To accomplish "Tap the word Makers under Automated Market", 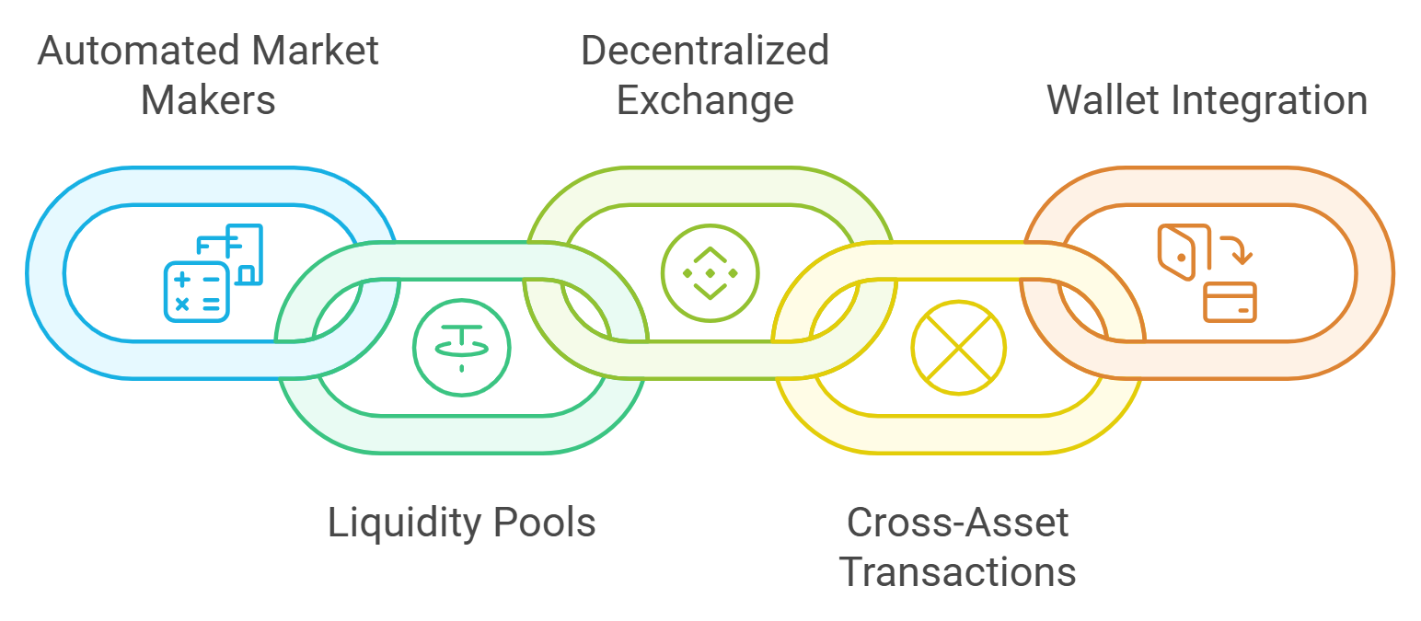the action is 208,100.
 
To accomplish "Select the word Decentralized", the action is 704,51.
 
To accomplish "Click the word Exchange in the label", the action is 704,100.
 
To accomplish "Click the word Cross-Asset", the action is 957,523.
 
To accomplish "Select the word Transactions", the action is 957,572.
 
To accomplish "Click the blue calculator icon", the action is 193,291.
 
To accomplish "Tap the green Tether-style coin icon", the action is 461,347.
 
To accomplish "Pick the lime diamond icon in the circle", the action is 710,272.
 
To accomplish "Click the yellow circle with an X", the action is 958,348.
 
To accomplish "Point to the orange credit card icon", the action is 1230,302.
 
